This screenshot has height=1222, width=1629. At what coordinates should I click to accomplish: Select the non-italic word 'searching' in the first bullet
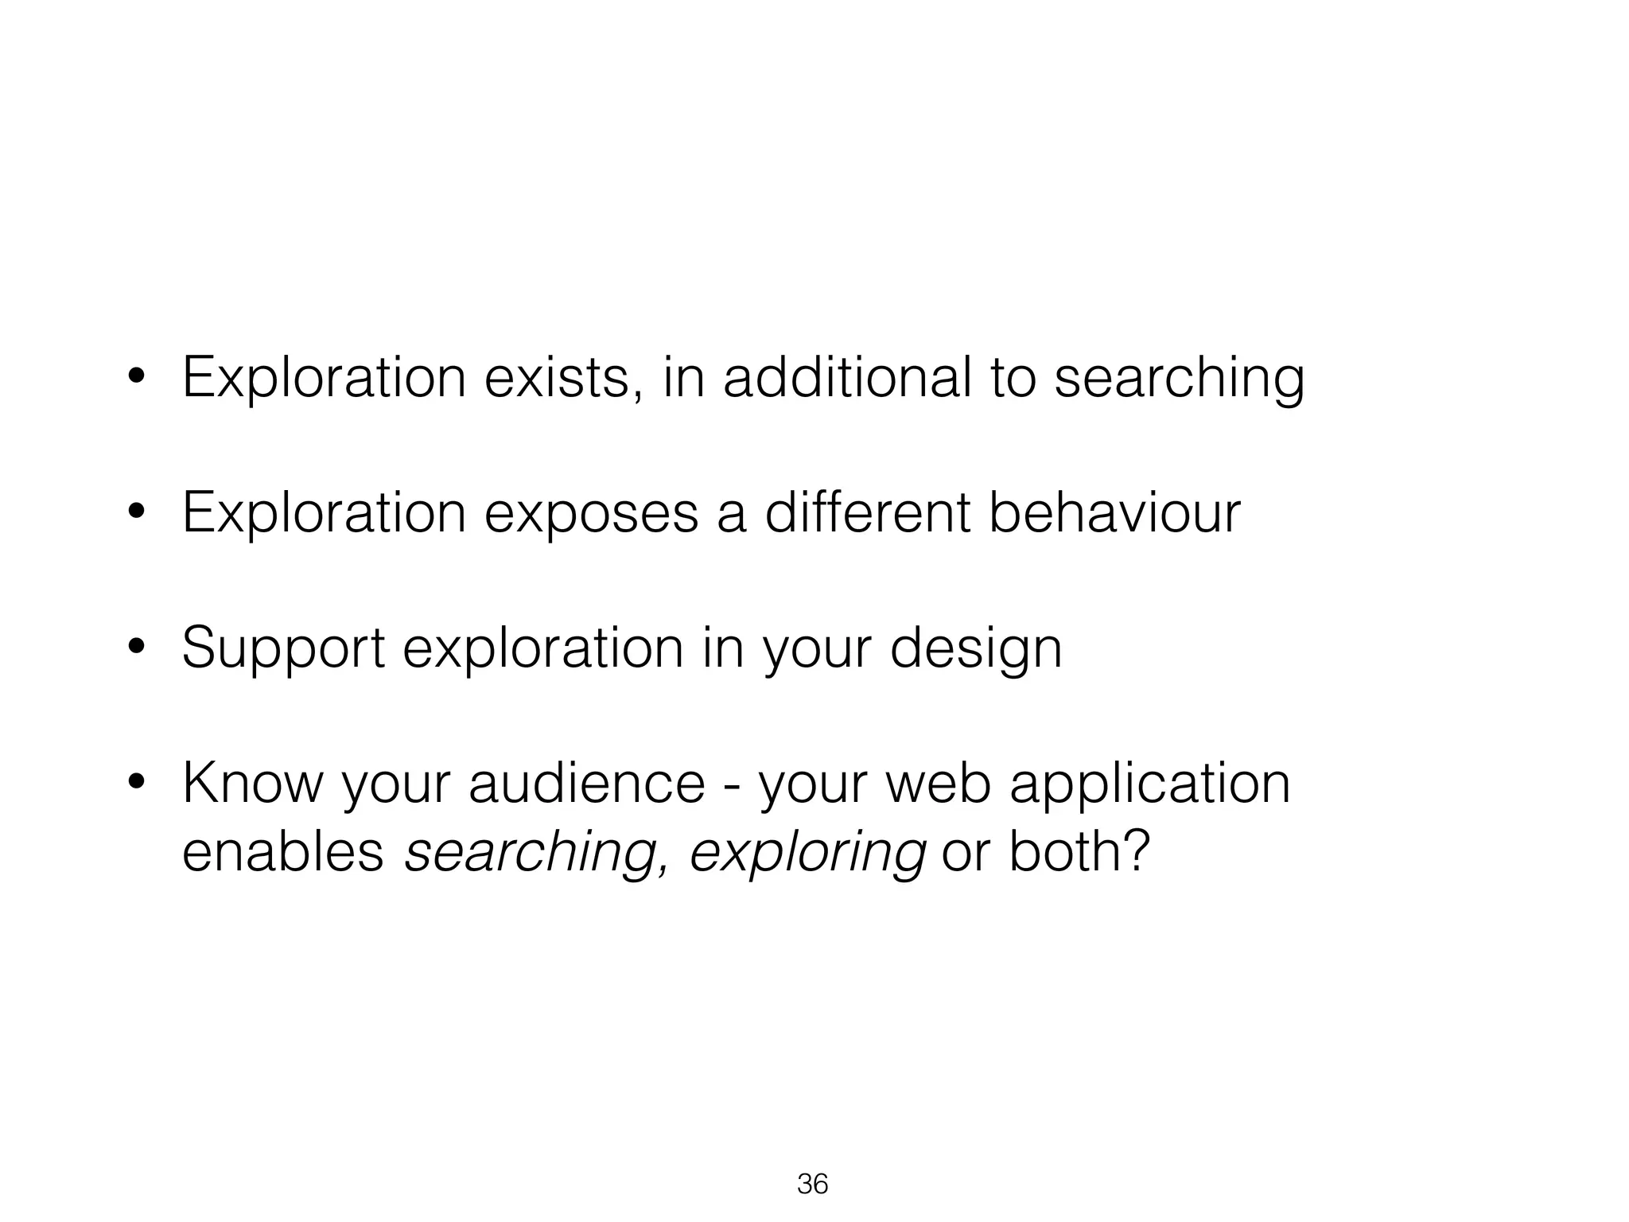click(1179, 379)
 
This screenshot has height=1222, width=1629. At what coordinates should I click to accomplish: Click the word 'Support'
click(283, 649)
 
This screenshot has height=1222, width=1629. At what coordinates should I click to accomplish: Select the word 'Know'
click(253, 784)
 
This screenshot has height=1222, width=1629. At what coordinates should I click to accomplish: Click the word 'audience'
click(587, 784)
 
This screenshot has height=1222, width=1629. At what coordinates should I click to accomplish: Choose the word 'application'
click(1149, 785)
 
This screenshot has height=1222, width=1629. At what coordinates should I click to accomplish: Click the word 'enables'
click(283, 851)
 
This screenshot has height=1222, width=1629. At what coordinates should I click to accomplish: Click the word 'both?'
click(1079, 851)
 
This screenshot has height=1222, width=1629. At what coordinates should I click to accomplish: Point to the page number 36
click(812, 1185)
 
